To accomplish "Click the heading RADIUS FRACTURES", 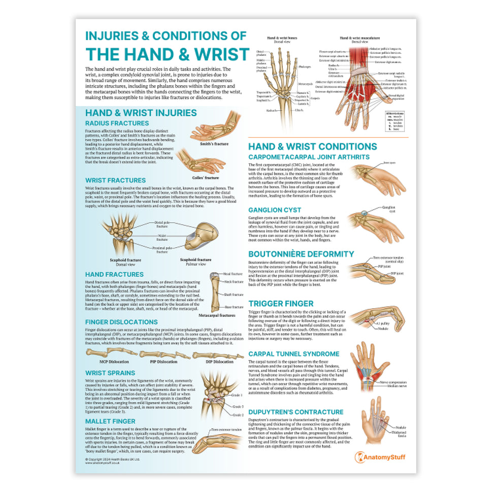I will pyautogui.click(x=117, y=123).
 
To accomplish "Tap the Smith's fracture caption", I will pyautogui.click(x=215, y=144).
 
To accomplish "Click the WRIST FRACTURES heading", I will pyautogui.click(x=115, y=180).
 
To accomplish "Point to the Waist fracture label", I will pyautogui.click(x=161, y=235).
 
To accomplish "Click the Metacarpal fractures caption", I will pyautogui.click(x=217, y=315).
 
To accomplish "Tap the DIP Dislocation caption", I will pyautogui.click(x=219, y=362).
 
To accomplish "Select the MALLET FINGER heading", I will pyautogui.click(x=110, y=421).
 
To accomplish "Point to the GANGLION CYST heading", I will pyautogui.click(x=275, y=210).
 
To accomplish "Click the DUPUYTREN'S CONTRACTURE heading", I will pyautogui.click(x=296, y=412).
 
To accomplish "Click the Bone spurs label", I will pyautogui.click(x=389, y=163).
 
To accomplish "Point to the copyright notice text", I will pyautogui.click(x=113, y=460).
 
